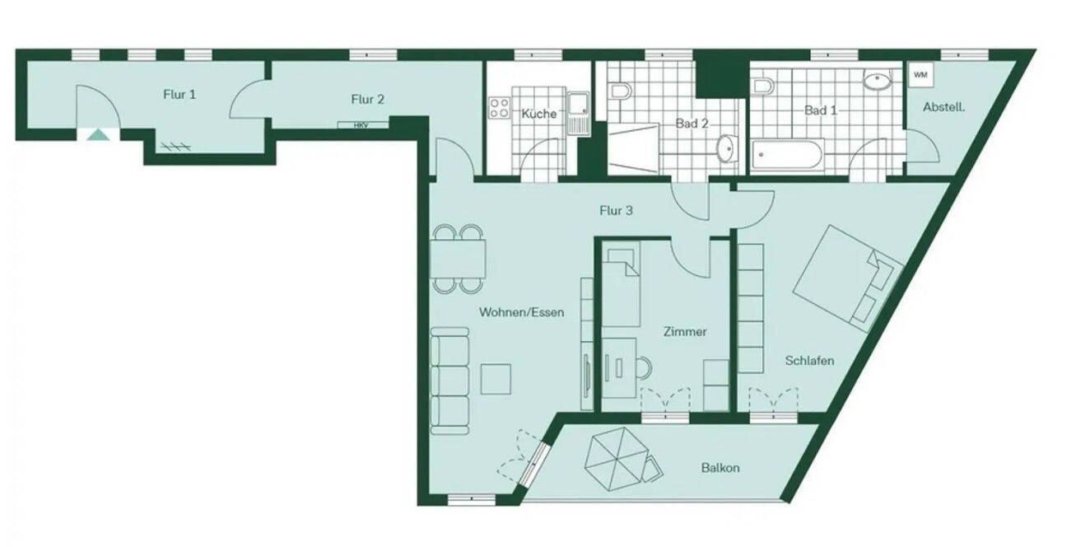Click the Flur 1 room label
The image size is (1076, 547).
point(179,94)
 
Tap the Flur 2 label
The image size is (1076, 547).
point(367,100)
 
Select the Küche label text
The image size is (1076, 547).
point(539,114)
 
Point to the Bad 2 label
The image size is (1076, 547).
point(692,124)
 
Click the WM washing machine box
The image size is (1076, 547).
point(921,75)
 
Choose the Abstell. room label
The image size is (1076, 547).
point(943,107)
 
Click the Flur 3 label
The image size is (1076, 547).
point(616,211)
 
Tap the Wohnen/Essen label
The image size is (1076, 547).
point(521,312)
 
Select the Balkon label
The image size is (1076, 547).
point(720,468)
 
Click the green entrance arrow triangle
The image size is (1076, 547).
point(99,135)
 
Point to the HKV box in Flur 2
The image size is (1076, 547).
point(363,125)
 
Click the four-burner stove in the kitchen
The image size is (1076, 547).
point(499,108)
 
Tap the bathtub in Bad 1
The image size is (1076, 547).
point(787,154)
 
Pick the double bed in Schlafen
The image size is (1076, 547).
point(848,278)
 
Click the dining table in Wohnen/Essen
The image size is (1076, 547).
point(458,259)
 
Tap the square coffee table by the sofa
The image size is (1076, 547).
point(496,379)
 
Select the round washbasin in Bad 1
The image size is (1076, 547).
point(878,79)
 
